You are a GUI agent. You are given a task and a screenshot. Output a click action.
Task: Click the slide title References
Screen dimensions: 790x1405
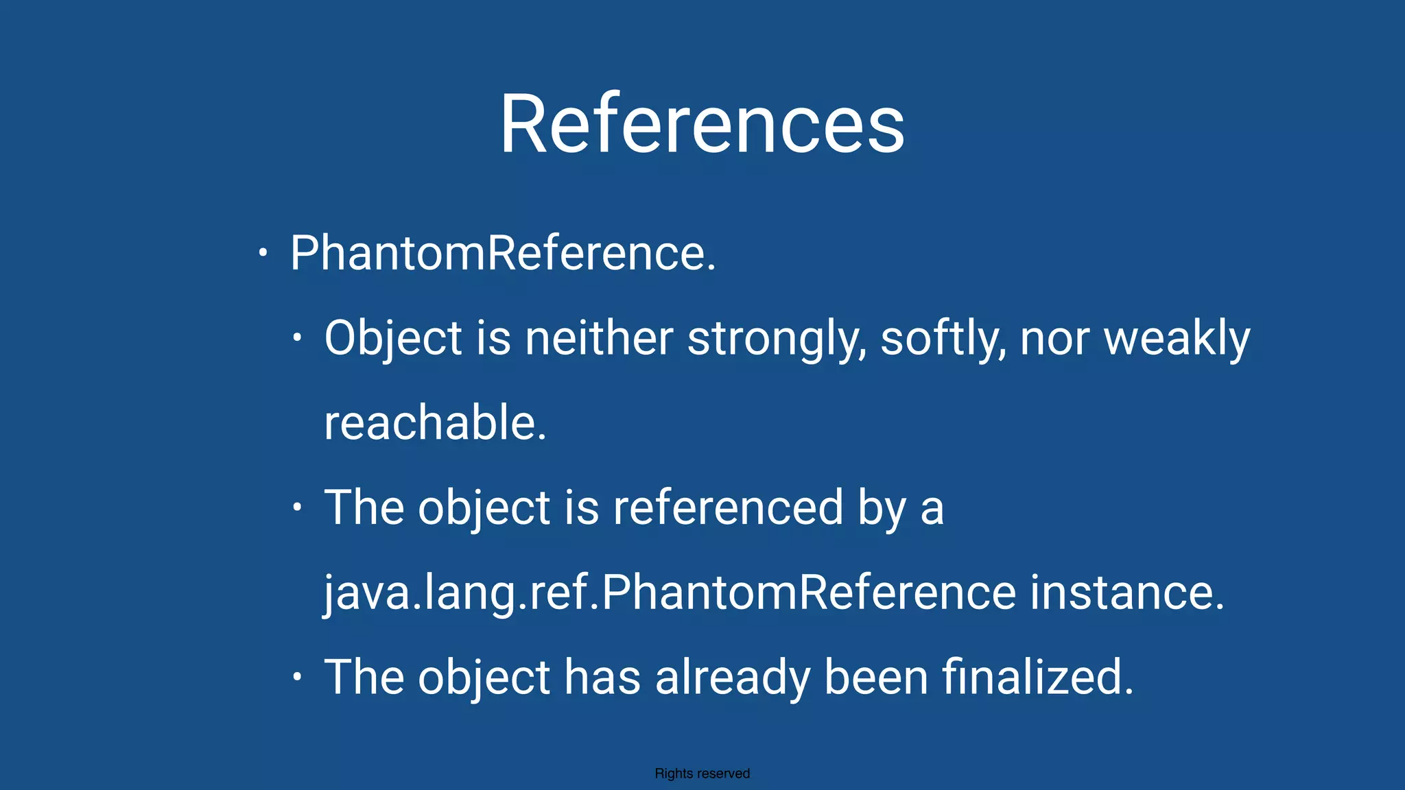pos(702,124)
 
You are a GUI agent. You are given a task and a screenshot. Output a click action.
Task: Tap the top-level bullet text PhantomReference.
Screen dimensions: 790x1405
pos(503,253)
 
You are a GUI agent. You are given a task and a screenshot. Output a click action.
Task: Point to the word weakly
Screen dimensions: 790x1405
pos(1177,338)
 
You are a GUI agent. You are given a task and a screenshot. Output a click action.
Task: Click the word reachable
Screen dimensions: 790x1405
pos(435,422)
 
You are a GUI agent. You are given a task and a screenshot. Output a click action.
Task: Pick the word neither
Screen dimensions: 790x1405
pos(598,338)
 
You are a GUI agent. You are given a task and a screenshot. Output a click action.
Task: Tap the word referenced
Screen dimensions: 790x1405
pos(728,507)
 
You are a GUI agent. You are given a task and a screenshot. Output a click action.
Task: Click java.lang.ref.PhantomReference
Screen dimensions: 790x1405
pos(670,592)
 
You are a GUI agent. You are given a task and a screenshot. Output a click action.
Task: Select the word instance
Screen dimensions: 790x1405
pos(1126,592)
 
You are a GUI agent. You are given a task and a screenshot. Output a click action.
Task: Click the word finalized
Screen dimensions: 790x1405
pos(1037,677)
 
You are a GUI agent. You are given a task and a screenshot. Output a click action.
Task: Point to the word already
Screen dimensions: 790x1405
pos(733,677)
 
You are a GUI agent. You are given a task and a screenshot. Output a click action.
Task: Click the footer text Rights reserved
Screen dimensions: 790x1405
pos(702,774)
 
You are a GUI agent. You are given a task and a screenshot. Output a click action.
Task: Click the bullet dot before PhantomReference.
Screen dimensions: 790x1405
pos(262,253)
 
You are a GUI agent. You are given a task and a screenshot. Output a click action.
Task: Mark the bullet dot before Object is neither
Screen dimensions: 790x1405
pos(296,337)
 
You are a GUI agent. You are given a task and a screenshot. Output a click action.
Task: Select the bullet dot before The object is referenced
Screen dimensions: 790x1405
pos(296,507)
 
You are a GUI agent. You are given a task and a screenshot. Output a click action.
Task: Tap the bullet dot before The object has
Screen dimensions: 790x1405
pos(296,677)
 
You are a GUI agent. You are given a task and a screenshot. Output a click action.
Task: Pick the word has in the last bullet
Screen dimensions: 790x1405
pos(602,677)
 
